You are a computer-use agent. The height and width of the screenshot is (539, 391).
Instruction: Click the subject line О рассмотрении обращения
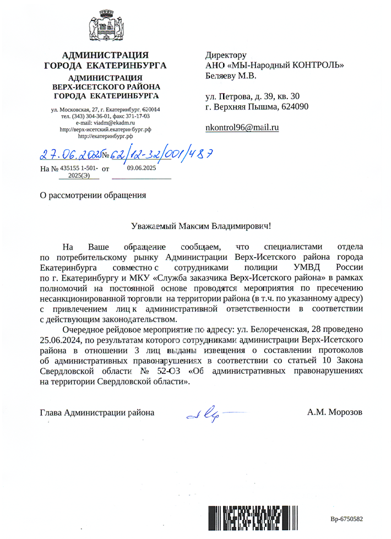[x=94, y=194]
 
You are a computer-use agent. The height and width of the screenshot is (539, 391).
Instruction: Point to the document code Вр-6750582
[x=346, y=519]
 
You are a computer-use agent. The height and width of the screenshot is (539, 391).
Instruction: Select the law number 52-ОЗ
[x=167, y=372]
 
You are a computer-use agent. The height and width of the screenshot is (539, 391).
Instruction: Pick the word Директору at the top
[x=225, y=55]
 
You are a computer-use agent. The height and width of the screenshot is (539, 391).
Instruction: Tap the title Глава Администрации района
[x=97, y=412]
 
